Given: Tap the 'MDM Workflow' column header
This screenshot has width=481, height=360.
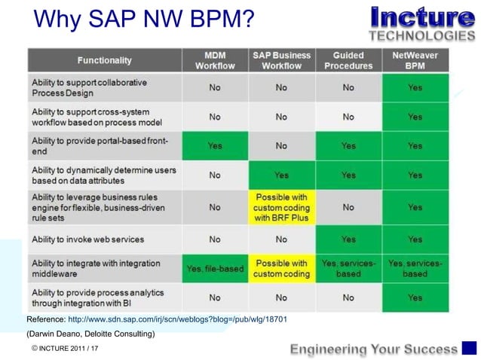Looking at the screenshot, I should point(215,60).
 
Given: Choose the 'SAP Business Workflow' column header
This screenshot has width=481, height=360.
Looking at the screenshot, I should point(281,60).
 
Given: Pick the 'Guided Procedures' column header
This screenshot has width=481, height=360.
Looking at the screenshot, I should point(348,60).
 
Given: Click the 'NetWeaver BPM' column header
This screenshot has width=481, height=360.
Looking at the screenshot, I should point(415,60).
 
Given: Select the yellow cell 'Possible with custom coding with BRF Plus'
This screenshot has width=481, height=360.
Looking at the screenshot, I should point(281,206).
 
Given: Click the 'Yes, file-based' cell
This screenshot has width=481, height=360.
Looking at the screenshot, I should point(215,269).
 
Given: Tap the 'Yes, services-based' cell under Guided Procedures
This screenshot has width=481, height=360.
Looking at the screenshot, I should point(348,268).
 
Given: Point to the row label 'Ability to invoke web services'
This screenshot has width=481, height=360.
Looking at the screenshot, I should point(87,239).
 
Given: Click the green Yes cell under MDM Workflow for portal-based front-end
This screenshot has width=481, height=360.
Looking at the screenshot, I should point(215,146).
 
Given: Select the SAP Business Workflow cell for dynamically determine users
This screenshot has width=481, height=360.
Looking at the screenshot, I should point(281,175).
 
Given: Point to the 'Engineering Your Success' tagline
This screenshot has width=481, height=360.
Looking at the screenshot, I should point(374,349).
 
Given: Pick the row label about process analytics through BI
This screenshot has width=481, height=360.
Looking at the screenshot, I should point(98,297).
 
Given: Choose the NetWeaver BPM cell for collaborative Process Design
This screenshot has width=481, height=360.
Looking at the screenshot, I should point(415,87).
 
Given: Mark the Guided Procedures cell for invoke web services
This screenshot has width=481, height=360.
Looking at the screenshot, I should point(348,239).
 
